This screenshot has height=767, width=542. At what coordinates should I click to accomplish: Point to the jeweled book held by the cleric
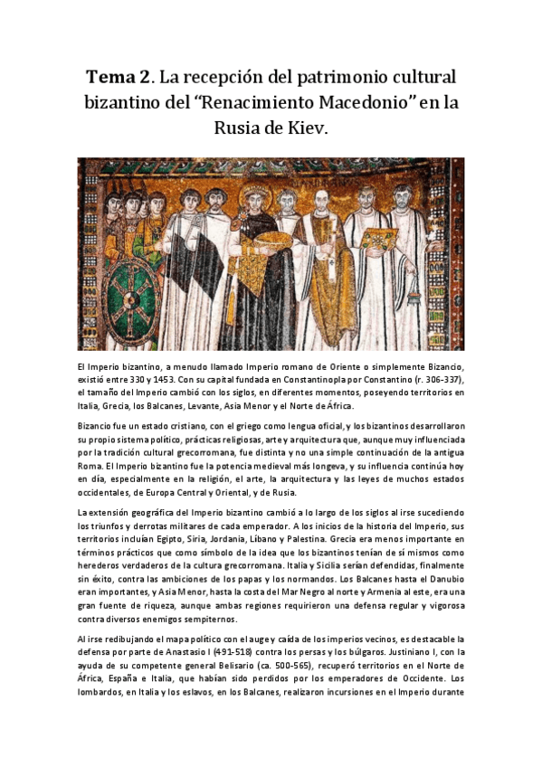pos(377,240)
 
